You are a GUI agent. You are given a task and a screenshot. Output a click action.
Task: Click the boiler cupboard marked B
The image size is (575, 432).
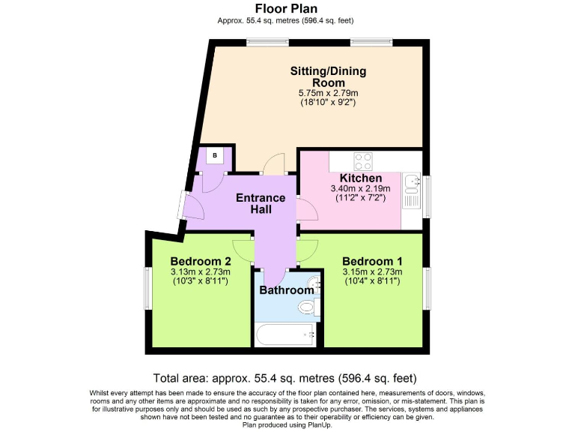click(215, 156)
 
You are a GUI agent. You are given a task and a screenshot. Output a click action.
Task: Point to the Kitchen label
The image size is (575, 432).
click(361, 178)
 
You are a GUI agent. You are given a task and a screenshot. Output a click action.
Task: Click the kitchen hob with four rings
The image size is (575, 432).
click(363, 160)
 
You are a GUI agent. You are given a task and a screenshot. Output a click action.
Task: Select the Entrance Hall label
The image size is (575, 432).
click(261, 203)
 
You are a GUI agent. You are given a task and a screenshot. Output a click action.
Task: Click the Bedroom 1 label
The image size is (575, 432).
click(372, 261)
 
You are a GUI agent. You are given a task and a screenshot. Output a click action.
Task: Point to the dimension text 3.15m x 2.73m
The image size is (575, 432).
click(372, 271)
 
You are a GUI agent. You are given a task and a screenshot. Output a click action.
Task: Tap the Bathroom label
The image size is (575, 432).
click(287, 290)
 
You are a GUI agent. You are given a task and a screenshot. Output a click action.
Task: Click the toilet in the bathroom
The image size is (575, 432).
click(307, 307)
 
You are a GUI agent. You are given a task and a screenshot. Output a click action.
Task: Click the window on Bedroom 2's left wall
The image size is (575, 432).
click(147, 288)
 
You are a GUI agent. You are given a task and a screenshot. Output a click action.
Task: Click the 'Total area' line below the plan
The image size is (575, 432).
click(285, 378)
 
